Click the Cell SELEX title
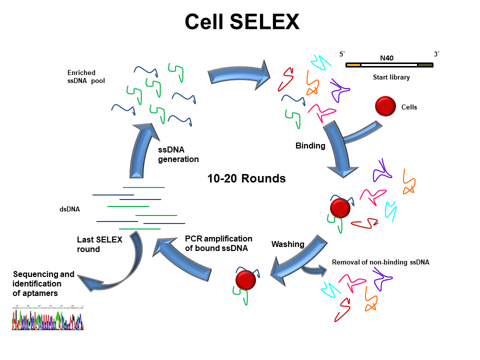tap(242, 21)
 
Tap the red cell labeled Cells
tap(385, 106)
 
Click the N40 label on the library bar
tap(386, 58)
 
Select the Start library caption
tap(391, 77)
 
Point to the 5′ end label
tap(342, 54)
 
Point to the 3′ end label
tap(436, 54)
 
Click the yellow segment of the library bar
tap(353, 65)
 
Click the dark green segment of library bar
tap(425, 65)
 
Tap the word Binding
tap(310, 146)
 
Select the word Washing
tap(287, 244)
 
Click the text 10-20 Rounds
tap(246, 178)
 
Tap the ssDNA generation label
tap(178, 154)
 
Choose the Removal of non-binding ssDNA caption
tap(380, 261)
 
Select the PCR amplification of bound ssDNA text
tap(218, 243)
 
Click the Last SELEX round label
tap(99, 244)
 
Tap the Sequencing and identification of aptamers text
tap(43, 283)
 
